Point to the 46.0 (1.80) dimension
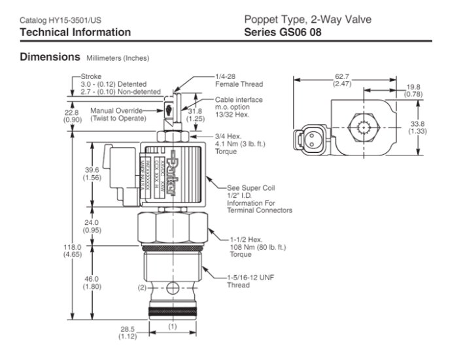tap(92, 282)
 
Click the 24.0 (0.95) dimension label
tap(92, 225)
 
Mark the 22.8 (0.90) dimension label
tap(72, 116)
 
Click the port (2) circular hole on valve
tap(171, 288)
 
